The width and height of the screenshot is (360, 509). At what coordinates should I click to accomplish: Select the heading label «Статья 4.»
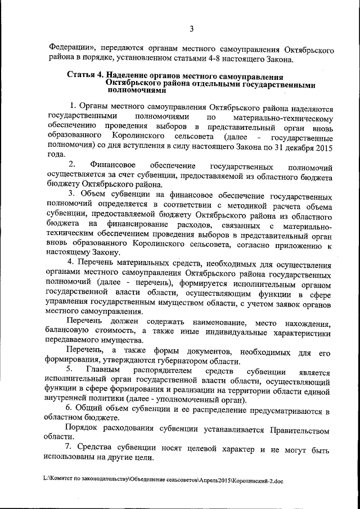click(85, 75)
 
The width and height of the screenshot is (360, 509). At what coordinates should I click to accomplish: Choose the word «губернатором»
click(183, 362)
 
